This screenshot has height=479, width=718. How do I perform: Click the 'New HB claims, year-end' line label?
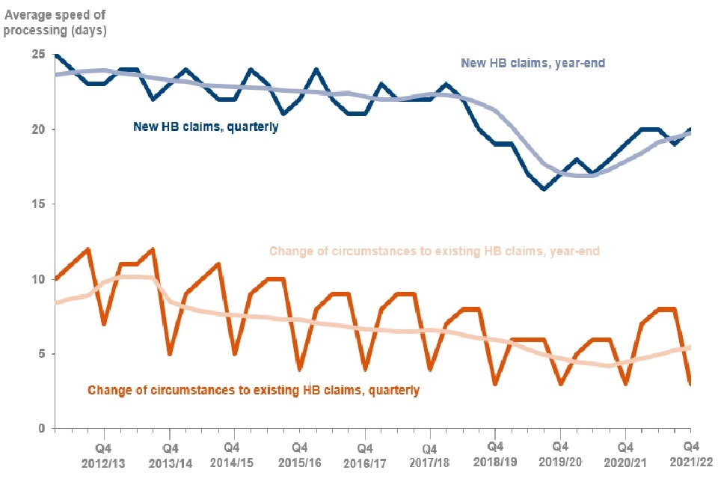coord(533,64)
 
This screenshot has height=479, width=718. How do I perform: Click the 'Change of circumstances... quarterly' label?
coord(254,390)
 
